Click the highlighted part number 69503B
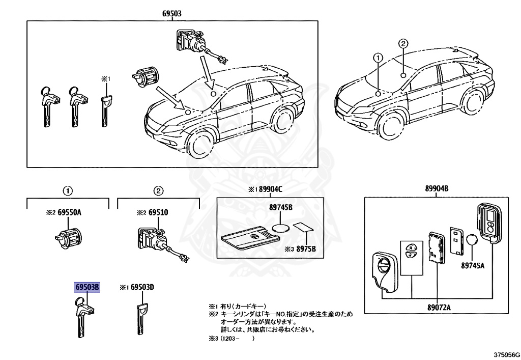(88, 288)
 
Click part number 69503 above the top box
(172, 14)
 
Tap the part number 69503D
(142, 288)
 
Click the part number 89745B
(281, 208)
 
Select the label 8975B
(307, 249)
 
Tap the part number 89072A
(438, 308)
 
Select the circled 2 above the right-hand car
(402, 44)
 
